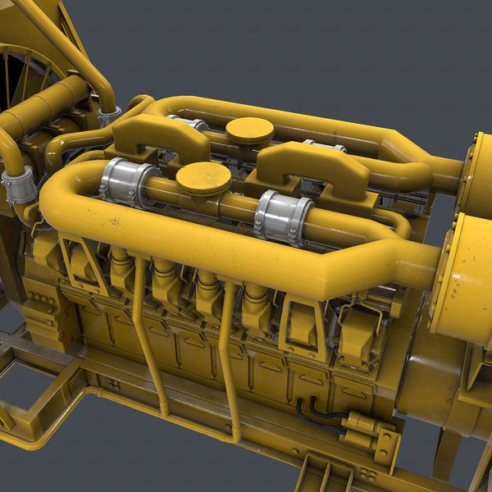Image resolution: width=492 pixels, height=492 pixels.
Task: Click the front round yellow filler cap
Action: point(203,176)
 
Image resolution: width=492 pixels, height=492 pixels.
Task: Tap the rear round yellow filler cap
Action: point(249,130)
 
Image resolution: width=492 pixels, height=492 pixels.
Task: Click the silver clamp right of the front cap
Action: point(282,216)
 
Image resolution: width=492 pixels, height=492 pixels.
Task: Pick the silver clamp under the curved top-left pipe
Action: point(108,116)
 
